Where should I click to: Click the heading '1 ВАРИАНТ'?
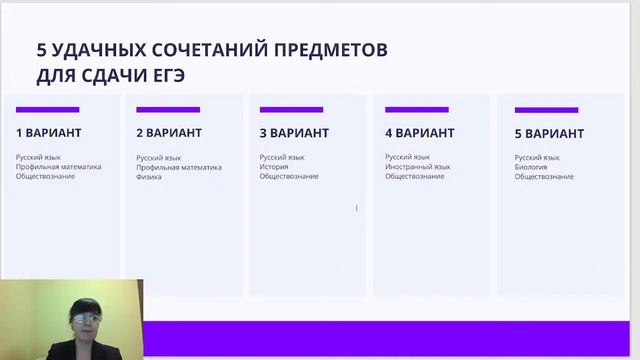point(48,133)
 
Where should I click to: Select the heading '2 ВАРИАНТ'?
point(169,133)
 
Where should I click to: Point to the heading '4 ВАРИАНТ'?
point(420,133)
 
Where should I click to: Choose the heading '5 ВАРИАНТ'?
point(549,134)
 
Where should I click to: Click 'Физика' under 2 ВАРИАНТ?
point(149,176)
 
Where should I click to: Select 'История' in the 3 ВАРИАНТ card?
point(274,167)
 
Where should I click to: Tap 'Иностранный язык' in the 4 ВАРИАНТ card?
point(418,167)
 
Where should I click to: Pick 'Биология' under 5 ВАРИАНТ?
point(531,167)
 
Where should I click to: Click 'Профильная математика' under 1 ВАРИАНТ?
point(58,167)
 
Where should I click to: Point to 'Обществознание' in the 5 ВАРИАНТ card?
point(544,177)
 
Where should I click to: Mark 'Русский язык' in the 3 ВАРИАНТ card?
point(282,157)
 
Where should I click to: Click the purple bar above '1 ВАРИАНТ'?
point(47,109)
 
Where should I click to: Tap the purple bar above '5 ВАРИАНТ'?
point(546,110)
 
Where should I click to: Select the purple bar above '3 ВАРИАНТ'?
point(291,109)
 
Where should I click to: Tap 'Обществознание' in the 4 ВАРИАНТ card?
point(414,177)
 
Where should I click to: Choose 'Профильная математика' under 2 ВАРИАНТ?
point(179,167)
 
